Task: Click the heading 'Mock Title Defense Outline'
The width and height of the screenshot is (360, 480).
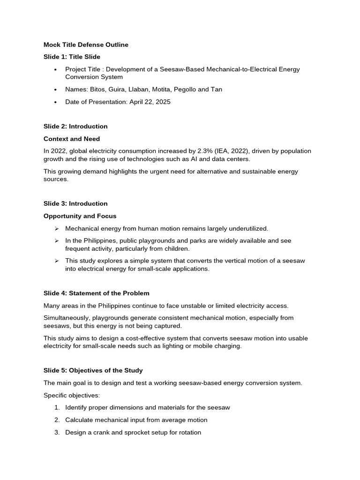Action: click(86, 45)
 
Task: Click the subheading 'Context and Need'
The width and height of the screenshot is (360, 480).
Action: click(72, 139)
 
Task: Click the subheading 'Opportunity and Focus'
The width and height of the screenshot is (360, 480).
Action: click(80, 216)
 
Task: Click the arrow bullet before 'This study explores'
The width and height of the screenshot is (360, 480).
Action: click(56, 261)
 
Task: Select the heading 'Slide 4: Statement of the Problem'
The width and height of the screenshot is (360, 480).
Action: click(97, 293)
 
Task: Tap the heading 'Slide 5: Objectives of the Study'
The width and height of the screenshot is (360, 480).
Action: click(93, 371)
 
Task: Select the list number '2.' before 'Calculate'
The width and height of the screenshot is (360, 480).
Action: click(57, 420)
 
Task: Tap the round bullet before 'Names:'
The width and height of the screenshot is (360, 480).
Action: click(56, 90)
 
